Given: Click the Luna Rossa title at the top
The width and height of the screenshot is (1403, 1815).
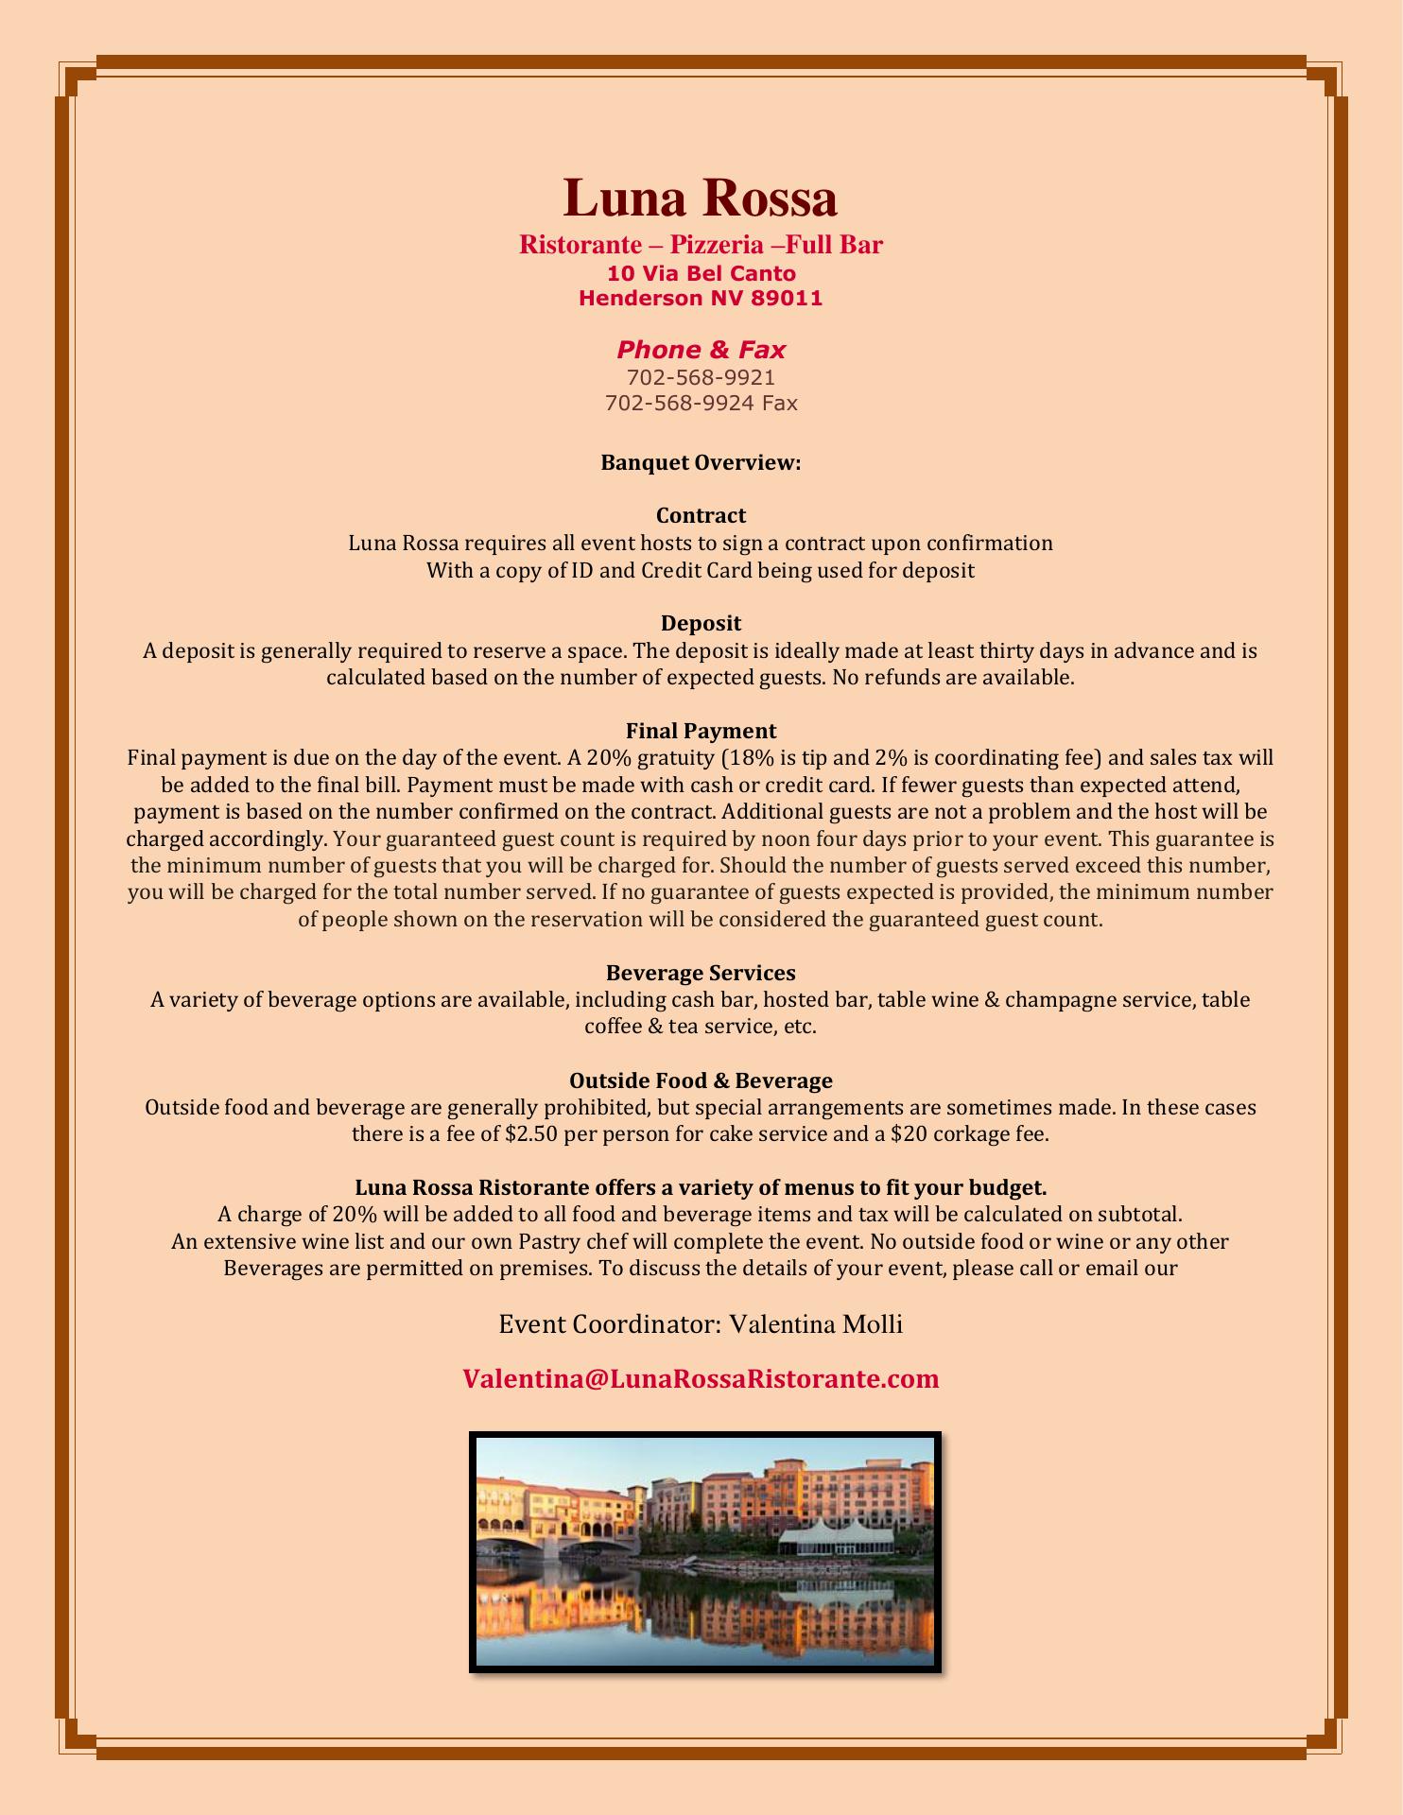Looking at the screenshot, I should [701, 199].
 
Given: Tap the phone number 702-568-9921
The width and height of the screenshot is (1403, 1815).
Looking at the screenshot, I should [701, 377].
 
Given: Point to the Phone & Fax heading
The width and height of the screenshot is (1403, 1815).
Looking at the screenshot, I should [701, 350].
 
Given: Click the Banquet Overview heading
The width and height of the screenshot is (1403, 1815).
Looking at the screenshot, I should [701, 463].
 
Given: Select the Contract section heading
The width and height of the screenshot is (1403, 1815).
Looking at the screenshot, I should [701, 515].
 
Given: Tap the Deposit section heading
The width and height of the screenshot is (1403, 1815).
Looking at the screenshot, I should [701, 623].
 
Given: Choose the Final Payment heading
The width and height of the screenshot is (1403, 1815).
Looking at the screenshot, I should [701, 731].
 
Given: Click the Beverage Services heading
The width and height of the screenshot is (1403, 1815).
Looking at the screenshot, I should [701, 973].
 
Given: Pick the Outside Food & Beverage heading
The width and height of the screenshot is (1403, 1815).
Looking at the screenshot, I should [701, 1080].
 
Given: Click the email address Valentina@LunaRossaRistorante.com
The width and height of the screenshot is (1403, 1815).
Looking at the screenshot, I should [701, 1378].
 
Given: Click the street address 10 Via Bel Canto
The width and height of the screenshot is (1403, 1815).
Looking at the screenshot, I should [701, 274].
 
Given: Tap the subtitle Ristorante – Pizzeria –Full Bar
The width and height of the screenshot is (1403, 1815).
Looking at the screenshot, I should [701, 245].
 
